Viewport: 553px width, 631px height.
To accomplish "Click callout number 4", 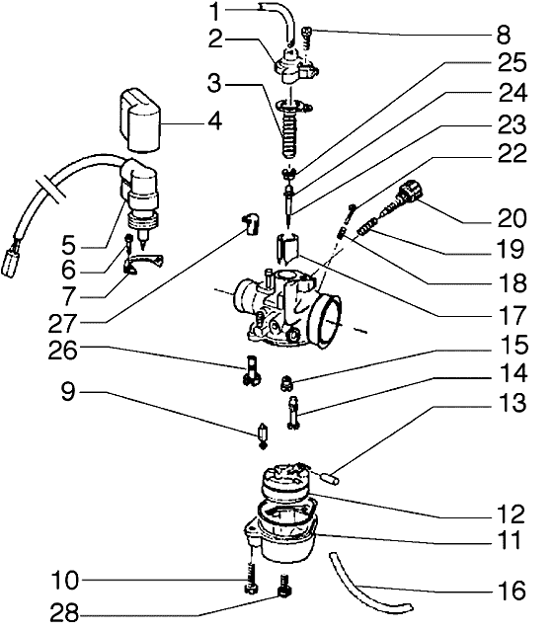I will [213, 124].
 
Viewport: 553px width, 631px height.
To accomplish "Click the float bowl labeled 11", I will [286, 533].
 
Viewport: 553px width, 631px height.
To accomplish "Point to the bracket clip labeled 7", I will [145, 265].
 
